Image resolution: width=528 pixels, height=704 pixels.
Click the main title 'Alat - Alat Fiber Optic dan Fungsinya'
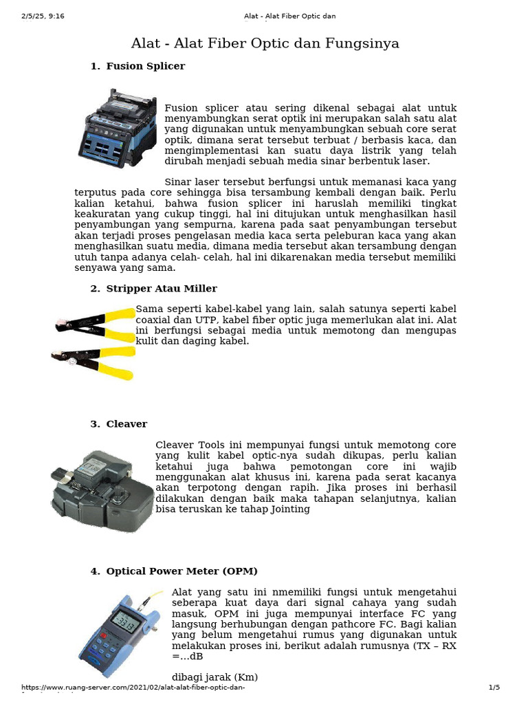coord(265,44)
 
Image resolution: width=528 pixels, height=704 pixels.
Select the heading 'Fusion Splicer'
coord(145,67)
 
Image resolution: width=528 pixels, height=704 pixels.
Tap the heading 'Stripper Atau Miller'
coord(161,289)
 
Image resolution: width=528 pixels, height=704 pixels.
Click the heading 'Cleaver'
coord(126,424)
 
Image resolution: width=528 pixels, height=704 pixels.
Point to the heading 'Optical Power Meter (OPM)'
coord(181,571)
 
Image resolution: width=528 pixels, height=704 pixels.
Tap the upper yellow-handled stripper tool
coord(96,324)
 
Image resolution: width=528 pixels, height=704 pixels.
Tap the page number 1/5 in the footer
coord(494,688)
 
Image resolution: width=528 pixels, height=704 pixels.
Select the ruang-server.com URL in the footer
coord(134,688)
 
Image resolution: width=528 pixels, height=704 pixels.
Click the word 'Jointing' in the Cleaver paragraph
coord(291,509)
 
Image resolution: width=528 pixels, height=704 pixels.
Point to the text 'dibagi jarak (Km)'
coord(214,677)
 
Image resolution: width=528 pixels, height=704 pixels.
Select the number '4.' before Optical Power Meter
coord(95,571)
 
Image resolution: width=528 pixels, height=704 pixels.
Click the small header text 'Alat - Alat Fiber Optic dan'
coord(289,16)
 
